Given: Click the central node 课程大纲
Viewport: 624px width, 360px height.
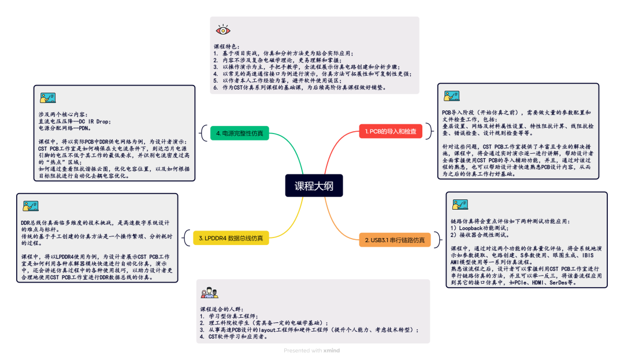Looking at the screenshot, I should pyautogui.click(x=314, y=186).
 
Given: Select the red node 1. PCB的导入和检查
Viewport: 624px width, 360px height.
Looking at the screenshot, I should pyautogui.click(x=391, y=132).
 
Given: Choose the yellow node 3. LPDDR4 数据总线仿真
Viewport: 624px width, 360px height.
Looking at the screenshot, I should pyautogui.click(x=230, y=237).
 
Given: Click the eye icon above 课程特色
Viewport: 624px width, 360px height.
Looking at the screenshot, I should pyautogui.click(x=222, y=30).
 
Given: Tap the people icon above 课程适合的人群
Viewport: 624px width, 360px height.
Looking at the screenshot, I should pyautogui.click(x=209, y=294).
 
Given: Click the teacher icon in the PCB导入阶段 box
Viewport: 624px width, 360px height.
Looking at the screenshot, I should pyautogui.click(x=451, y=97).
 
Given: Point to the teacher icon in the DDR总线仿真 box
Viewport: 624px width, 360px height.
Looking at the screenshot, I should pyautogui.click(x=31, y=206).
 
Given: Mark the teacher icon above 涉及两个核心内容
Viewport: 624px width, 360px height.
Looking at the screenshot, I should pyautogui.click(x=47, y=98).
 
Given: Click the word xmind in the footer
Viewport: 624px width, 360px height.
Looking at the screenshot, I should pyautogui.click(x=331, y=350).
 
